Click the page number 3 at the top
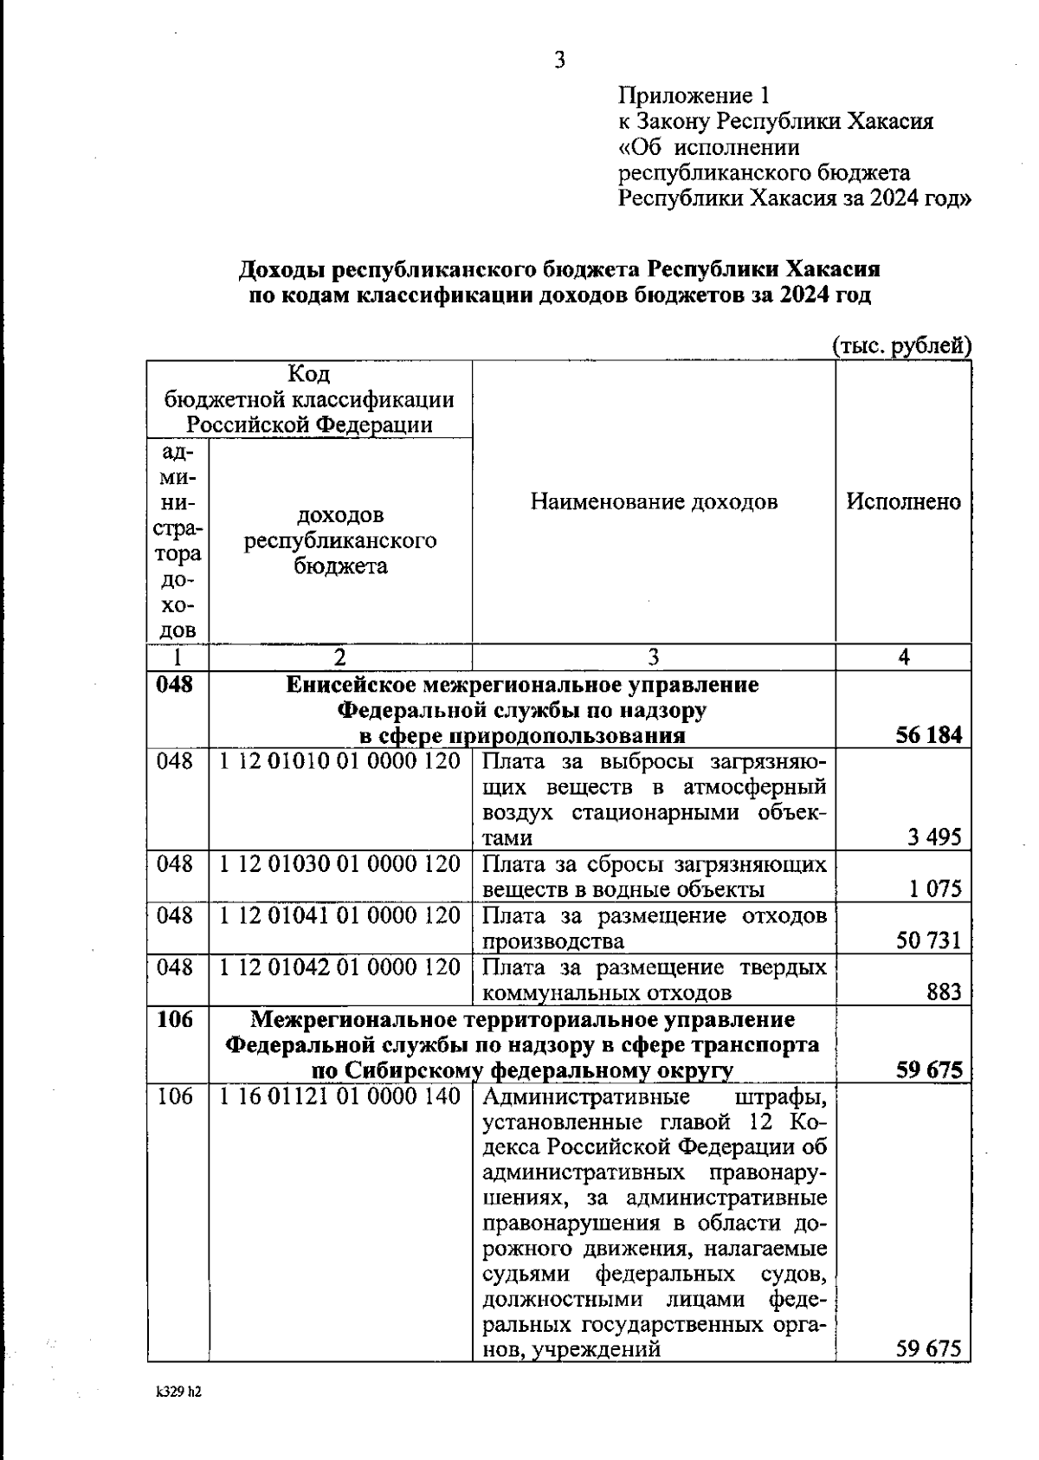coord(560,60)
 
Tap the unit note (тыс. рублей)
coord(901,346)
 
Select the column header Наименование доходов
coord(654,501)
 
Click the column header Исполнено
coord(903,501)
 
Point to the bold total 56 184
coord(928,736)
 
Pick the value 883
coord(944,992)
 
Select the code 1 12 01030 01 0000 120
coord(339,864)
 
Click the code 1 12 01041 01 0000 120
coord(339,915)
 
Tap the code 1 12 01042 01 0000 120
coord(339,966)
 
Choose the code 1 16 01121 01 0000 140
coord(339,1096)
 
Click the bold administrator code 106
coord(175,1019)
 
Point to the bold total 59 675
coord(928,1070)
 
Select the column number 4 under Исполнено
coord(903,657)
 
